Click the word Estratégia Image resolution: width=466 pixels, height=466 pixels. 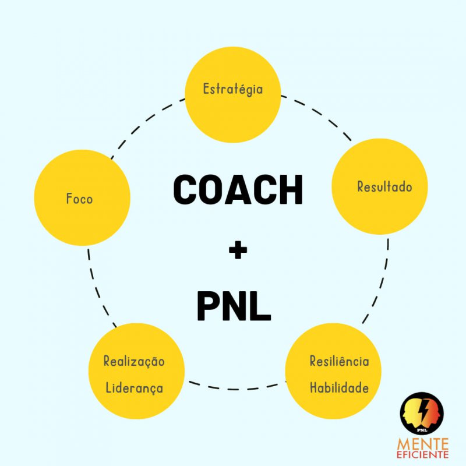(x=233, y=90)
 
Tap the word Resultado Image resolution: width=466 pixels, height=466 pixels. (x=384, y=186)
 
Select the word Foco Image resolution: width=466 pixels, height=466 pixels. (x=79, y=199)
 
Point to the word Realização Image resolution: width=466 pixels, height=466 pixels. (x=134, y=362)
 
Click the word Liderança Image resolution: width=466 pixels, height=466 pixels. (x=135, y=388)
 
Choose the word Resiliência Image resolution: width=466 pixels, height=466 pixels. (x=340, y=361)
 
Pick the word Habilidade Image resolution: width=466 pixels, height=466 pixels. (x=339, y=387)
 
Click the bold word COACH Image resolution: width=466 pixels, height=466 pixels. (x=238, y=190)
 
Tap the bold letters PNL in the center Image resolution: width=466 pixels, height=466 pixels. (x=234, y=306)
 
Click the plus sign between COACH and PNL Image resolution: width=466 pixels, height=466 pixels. (x=238, y=250)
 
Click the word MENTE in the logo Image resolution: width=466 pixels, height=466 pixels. (x=422, y=444)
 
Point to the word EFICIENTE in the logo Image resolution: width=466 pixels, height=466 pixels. (x=422, y=455)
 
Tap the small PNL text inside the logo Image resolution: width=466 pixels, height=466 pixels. (x=422, y=430)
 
